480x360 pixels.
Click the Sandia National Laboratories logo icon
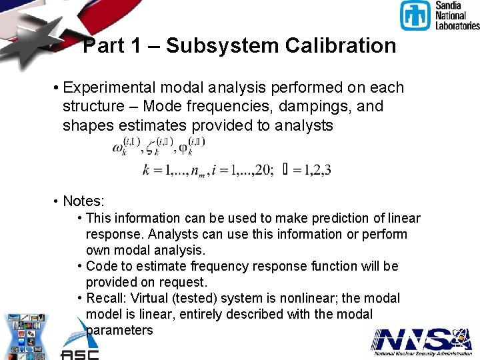[x=415, y=15]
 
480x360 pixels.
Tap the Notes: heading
[x=84, y=201]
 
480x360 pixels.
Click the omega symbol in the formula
[x=119, y=148]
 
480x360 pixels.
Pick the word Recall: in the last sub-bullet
[x=107, y=298]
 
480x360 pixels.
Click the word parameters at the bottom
[x=119, y=330]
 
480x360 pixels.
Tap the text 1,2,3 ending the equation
[x=317, y=170]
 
